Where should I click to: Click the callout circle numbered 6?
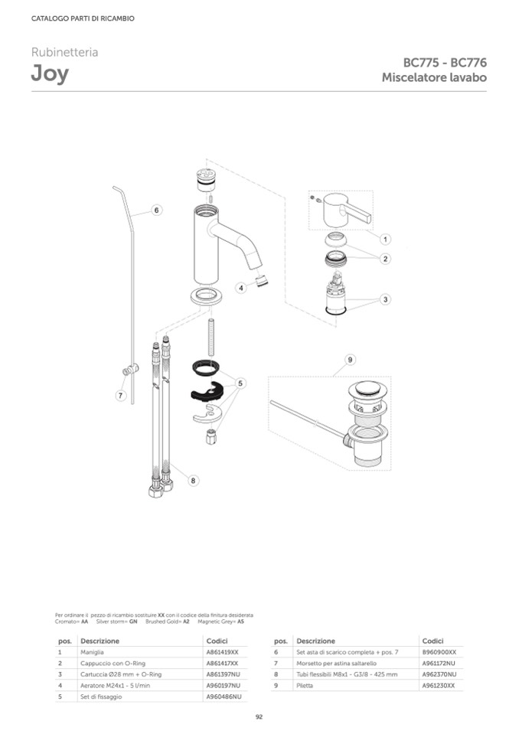(x=156, y=210)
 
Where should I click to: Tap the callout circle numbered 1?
(x=385, y=240)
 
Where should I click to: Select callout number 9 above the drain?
(x=350, y=360)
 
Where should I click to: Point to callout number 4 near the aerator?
(x=241, y=288)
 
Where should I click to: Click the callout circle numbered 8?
(x=193, y=481)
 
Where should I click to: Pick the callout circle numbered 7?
(x=121, y=396)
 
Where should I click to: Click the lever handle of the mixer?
(x=346, y=209)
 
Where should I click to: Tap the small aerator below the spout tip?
(x=263, y=280)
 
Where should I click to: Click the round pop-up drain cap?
(x=367, y=390)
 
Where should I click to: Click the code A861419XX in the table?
(x=222, y=652)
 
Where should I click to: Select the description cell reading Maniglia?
(x=92, y=652)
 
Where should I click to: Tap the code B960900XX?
(x=439, y=652)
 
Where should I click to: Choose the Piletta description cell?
(x=305, y=685)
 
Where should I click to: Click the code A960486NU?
(x=224, y=696)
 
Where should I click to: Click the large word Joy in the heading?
(x=50, y=74)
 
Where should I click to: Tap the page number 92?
(x=259, y=716)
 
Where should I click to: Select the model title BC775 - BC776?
(x=445, y=62)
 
